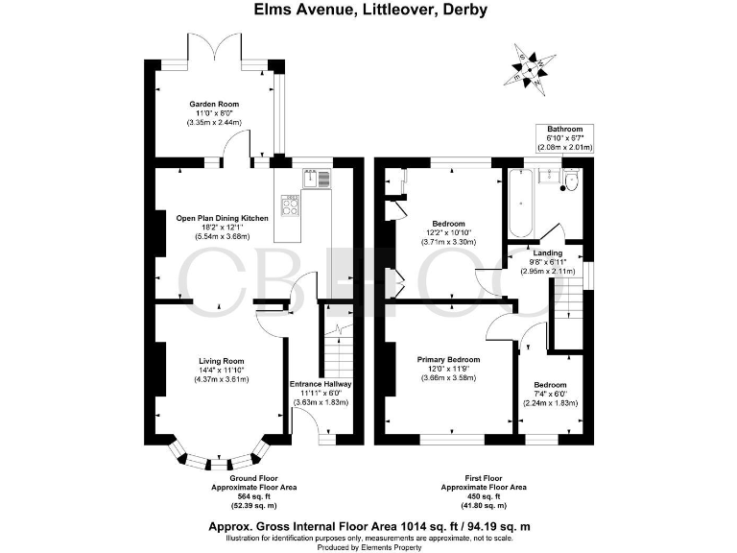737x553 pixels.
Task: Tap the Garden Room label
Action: coord(213,104)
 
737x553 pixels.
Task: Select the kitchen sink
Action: coord(312,178)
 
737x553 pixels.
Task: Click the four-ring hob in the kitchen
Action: coord(292,203)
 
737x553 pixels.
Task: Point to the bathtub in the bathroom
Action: coord(521,203)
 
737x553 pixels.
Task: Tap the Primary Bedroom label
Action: coord(448,359)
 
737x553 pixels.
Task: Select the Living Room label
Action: coord(216,359)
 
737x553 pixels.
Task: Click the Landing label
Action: coord(548,253)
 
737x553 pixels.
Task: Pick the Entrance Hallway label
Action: coord(321,384)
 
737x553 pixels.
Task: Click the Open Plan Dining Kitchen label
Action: coord(222,218)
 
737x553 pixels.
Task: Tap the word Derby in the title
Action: coord(464,11)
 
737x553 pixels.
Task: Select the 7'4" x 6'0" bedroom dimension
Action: coord(549,393)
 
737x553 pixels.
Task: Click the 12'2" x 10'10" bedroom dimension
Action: coord(448,231)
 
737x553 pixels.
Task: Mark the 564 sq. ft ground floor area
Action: coord(253,496)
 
